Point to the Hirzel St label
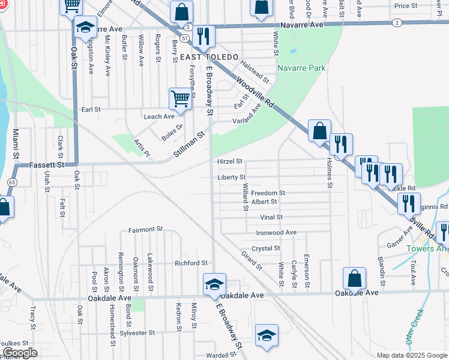tap(230, 161)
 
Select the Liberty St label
tap(232, 177)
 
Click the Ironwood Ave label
tap(276, 232)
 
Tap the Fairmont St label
tap(146, 229)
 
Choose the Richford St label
tap(191, 263)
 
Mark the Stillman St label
tap(190, 144)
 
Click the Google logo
tap(20, 353)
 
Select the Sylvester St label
tap(137, 332)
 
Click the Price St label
tap(406, 5)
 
